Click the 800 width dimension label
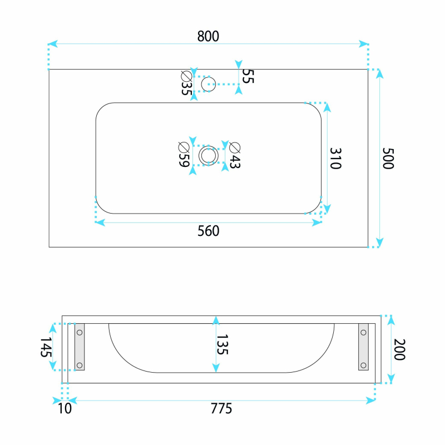pyautogui.click(x=208, y=36)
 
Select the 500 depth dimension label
pyautogui.click(x=388, y=159)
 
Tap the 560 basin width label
pyautogui.click(x=208, y=231)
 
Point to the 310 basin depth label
pyautogui.click(x=335, y=159)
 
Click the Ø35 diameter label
pyautogui.click(x=186, y=83)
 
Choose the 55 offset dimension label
pyautogui.click(x=248, y=76)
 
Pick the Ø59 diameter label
pyautogui.click(x=184, y=155)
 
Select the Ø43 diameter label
pyautogui.click(x=235, y=155)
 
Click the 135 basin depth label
pyautogui.click(x=222, y=344)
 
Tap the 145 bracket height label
pyautogui.click(x=46, y=347)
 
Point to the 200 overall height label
pyautogui.click(x=399, y=349)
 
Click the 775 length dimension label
pyautogui.click(x=221, y=409)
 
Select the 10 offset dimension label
pyautogui.click(x=65, y=409)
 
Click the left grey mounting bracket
pyautogui.click(x=80, y=347)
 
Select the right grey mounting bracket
pyautogui.click(x=363, y=347)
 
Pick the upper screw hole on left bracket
pyautogui.click(x=80, y=332)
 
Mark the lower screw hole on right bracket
pyautogui.click(x=363, y=365)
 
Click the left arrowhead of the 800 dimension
pyautogui.click(x=53, y=44)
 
